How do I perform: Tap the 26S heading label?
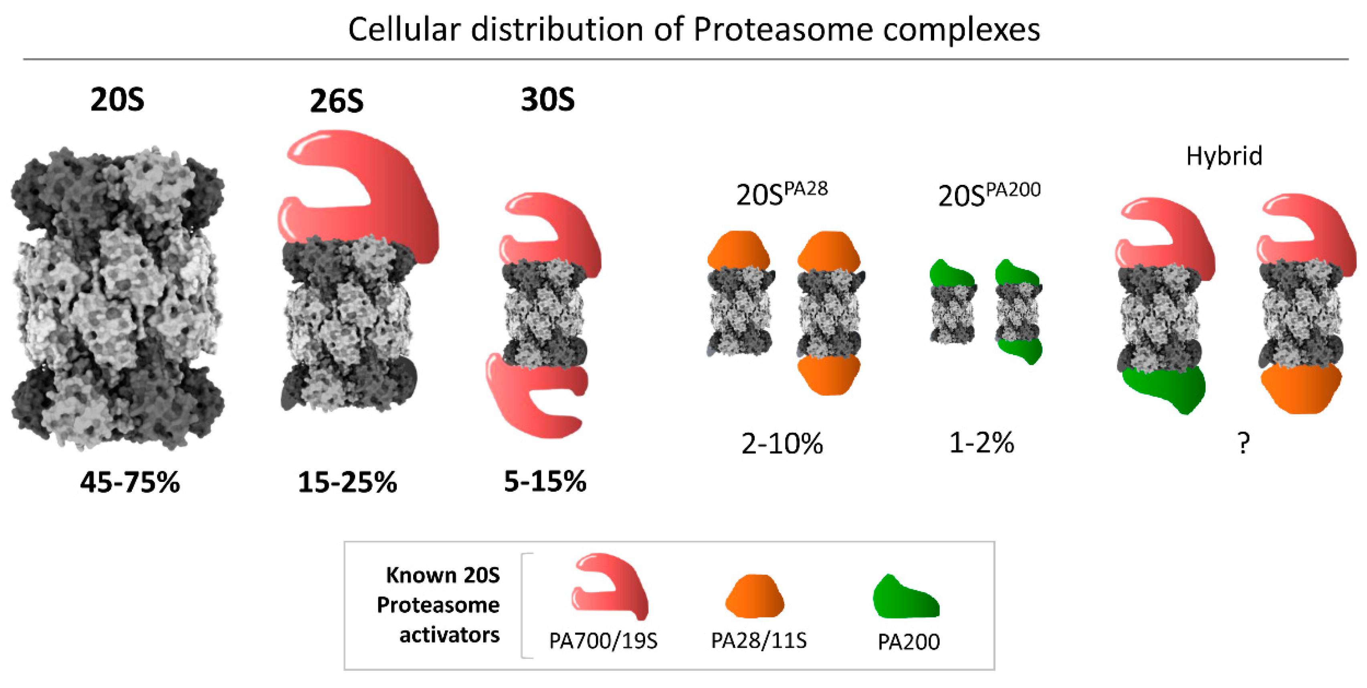pyautogui.click(x=337, y=101)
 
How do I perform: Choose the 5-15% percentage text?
pyautogui.click(x=545, y=482)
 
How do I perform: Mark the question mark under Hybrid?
pyautogui.click(x=1243, y=443)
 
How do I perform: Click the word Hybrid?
pyautogui.click(x=1224, y=156)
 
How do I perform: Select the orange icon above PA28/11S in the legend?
pyautogui.click(x=755, y=596)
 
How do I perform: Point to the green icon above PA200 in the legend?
pyautogui.click(x=905, y=598)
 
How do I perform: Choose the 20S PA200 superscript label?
pyautogui.click(x=989, y=195)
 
